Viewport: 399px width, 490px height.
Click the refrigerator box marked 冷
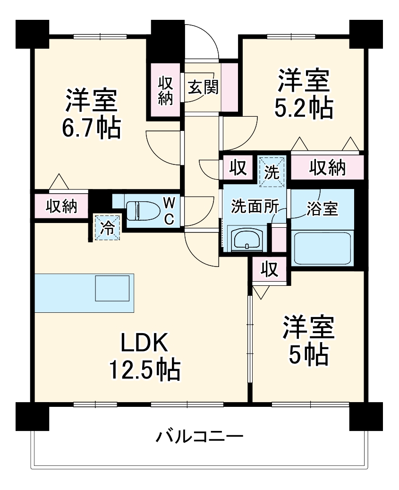[x=108, y=228]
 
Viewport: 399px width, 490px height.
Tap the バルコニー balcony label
[x=200, y=435]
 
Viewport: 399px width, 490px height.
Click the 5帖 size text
[x=309, y=355]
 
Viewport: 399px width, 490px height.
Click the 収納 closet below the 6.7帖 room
[x=61, y=206]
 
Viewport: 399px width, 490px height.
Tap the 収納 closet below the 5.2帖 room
[x=327, y=167]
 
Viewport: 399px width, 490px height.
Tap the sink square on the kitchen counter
[x=112, y=288]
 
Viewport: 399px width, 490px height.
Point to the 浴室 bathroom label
[x=322, y=209]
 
